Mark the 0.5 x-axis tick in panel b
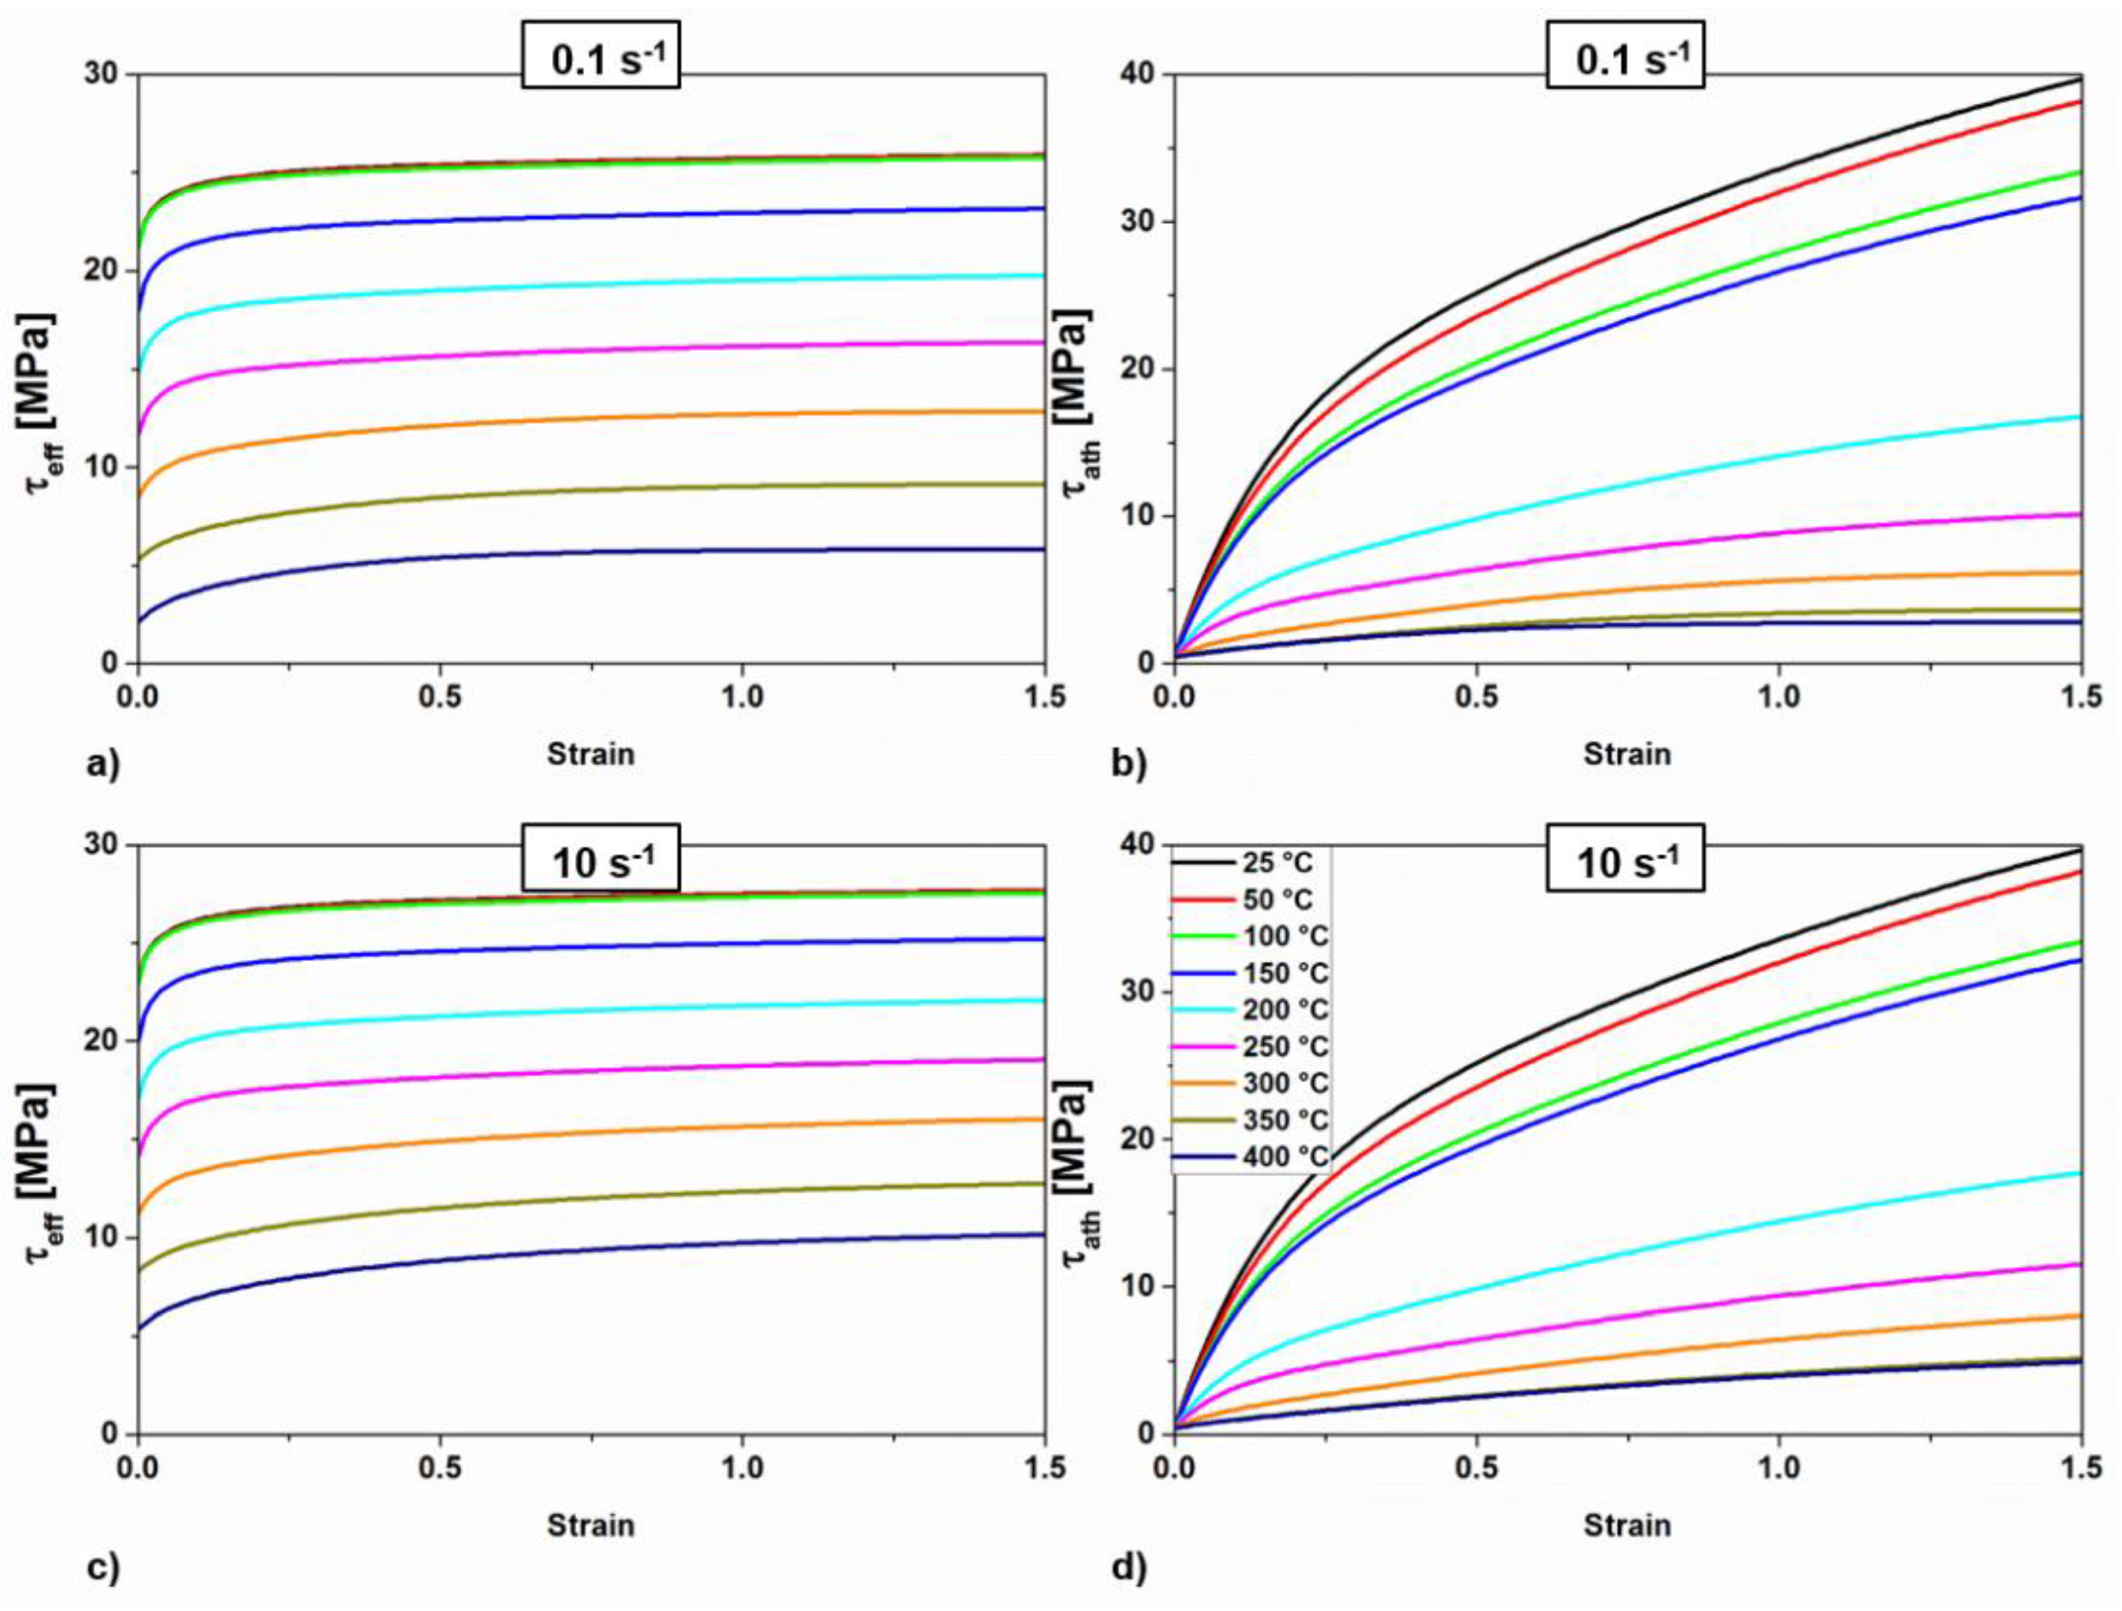[1475, 697]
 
